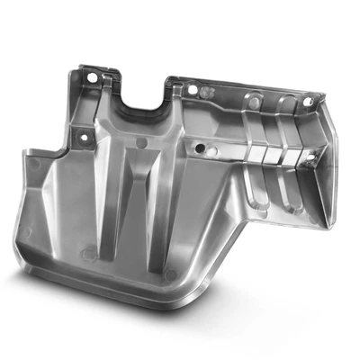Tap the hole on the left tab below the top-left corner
(x=83, y=137)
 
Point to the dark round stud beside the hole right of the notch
(x=203, y=91)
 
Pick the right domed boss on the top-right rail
(x=287, y=101)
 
